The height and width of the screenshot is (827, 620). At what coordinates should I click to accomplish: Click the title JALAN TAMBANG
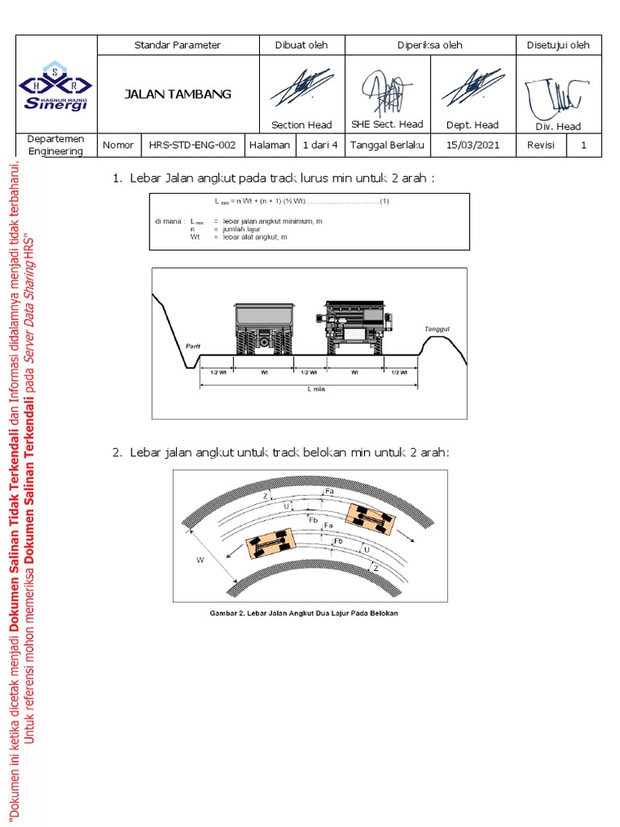[178, 94]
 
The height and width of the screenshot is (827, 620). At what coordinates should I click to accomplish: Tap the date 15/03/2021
[474, 145]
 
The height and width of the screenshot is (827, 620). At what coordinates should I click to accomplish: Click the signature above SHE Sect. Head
[387, 90]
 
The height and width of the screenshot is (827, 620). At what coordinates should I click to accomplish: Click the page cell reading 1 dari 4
[320, 145]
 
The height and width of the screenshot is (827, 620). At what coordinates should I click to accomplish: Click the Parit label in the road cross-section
[192, 345]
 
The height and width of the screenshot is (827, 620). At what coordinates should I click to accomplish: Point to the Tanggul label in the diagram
[437, 330]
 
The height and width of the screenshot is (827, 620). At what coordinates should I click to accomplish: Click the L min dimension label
[308, 388]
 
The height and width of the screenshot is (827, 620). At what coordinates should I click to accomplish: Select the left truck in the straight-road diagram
[264, 330]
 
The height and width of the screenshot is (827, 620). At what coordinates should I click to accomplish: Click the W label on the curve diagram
[199, 558]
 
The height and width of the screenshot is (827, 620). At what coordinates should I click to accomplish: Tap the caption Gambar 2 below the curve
[304, 613]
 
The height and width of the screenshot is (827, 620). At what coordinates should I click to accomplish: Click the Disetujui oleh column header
[558, 45]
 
